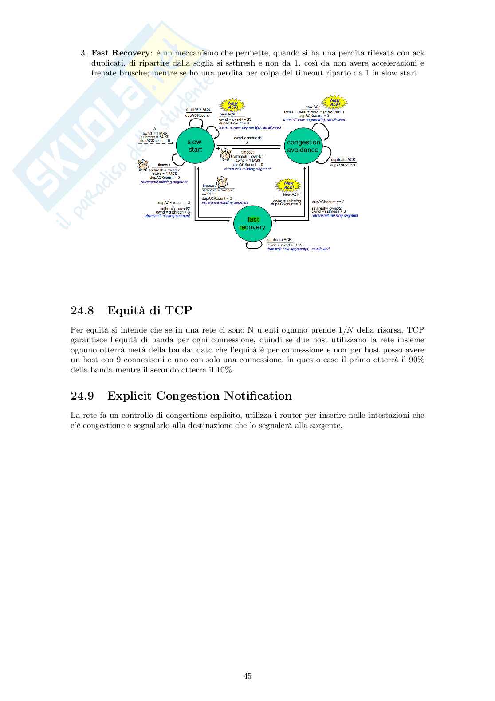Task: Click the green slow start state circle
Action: click(195, 146)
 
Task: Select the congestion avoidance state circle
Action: click(303, 146)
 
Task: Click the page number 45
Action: click(247, 676)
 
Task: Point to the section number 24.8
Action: click(82, 310)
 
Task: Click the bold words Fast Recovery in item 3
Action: click(120, 53)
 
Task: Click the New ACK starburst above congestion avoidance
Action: click(334, 103)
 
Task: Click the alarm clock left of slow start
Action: click(143, 165)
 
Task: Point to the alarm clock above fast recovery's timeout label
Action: click(221, 182)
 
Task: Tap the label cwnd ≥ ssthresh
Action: click(247, 138)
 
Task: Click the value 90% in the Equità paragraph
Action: click(416, 360)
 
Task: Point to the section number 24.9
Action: click(82, 396)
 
